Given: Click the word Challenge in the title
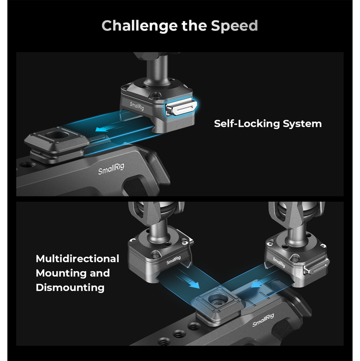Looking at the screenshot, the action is [140, 26].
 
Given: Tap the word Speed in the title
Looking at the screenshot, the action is [234, 26].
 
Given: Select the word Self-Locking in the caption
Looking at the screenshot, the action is [247, 124].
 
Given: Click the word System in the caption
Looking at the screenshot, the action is [302, 124].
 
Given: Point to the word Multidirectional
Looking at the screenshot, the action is [77, 258].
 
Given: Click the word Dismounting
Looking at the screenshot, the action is [70, 288].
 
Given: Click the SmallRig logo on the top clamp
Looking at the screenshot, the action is [137, 106].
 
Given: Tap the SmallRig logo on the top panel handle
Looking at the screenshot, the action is [111, 169].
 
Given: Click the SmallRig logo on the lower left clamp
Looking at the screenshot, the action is [174, 260].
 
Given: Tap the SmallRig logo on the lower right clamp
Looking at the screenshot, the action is [279, 262].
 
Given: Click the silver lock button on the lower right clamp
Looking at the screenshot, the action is [316, 268].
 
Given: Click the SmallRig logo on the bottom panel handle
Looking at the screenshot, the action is [263, 320].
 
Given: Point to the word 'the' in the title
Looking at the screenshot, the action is [194, 26].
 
